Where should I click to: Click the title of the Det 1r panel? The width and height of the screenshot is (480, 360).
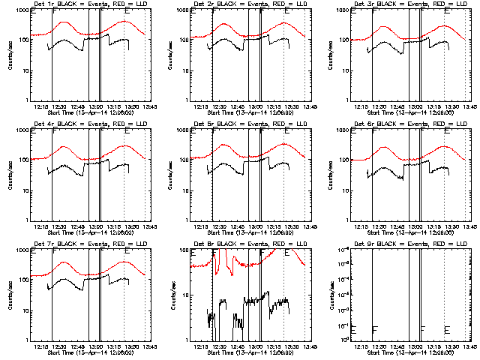point(83,5)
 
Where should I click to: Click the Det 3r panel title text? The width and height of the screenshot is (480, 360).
point(404,5)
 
